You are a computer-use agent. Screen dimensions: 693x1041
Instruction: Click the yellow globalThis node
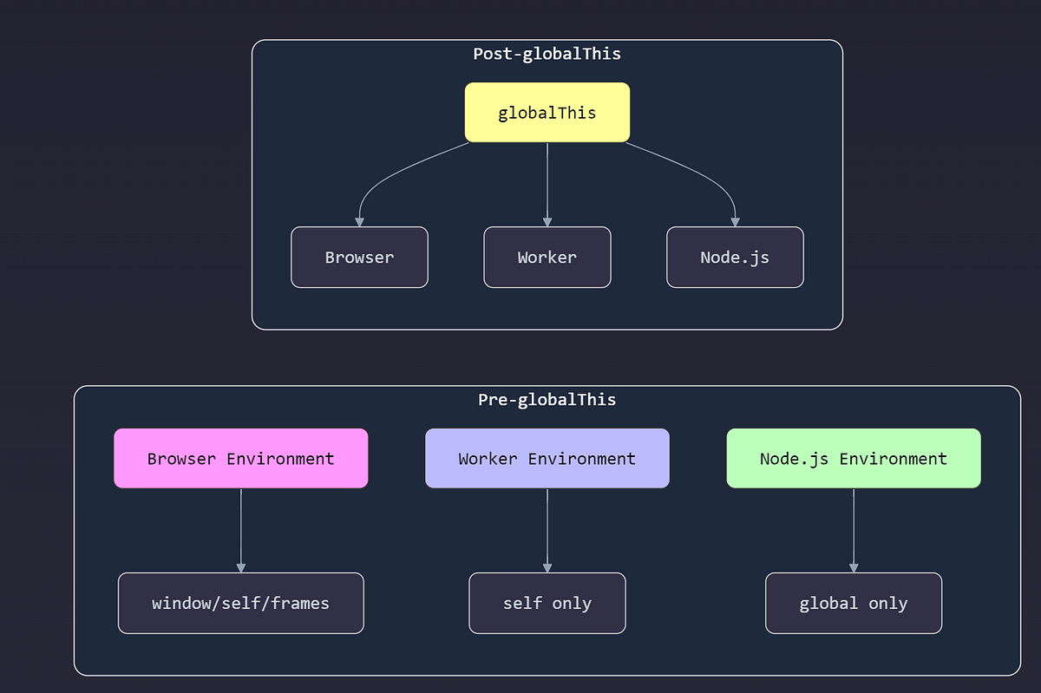click(547, 113)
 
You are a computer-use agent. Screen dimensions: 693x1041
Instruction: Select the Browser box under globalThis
click(359, 257)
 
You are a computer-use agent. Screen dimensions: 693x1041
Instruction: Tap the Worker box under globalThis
click(547, 257)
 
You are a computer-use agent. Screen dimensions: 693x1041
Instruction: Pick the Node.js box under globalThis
click(735, 257)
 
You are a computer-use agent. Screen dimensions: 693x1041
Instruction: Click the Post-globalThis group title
click(547, 54)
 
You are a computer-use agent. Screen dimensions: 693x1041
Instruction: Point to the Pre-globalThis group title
click(547, 400)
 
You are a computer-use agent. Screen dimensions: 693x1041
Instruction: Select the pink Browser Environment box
click(240, 458)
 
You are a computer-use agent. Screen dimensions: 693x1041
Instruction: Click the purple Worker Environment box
click(547, 458)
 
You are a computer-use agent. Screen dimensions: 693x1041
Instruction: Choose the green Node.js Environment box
click(854, 458)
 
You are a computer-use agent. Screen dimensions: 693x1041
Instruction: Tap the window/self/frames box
click(240, 603)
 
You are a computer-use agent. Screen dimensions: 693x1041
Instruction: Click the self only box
click(547, 603)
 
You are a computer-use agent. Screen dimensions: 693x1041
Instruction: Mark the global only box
click(854, 603)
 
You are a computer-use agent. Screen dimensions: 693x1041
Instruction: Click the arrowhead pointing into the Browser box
click(359, 222)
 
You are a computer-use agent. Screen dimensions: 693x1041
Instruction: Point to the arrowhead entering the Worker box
click(547, 222)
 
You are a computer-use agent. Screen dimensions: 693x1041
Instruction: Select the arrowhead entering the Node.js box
click(736, 222)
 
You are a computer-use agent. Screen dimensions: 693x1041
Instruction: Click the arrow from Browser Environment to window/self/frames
click(240, 529)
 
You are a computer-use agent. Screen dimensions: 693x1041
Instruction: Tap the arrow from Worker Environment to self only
click(547, 529)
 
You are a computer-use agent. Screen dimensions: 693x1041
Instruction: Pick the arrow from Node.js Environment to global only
click(854, 529)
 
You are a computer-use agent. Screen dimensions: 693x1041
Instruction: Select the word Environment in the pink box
click(280, 458)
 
